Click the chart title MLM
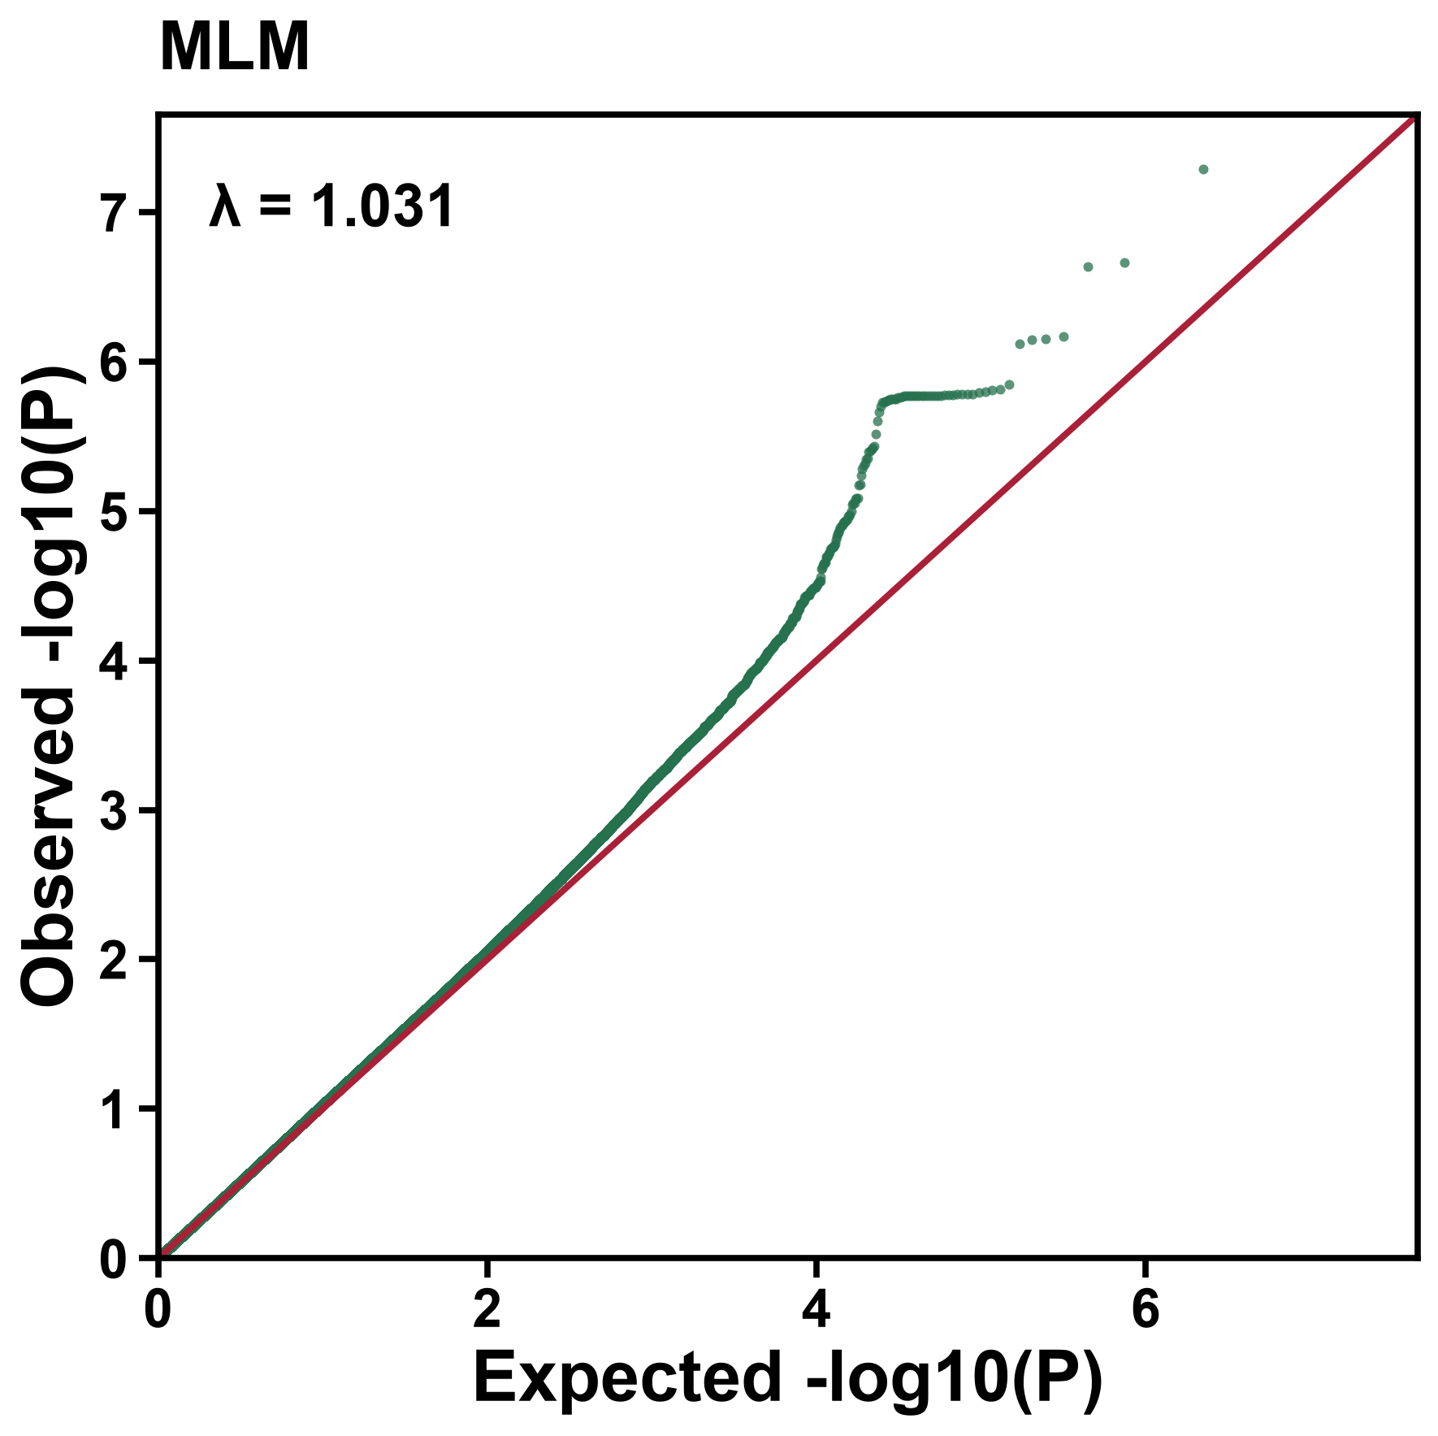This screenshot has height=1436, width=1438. [235, 48]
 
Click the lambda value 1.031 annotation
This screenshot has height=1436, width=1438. [383, 206]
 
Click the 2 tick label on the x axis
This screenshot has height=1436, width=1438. [487, 1311]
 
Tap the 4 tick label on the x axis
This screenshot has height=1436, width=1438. [816, 1311]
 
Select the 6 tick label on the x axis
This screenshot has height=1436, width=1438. [1144, 1311]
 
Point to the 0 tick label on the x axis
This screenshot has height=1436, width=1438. [158, 1311]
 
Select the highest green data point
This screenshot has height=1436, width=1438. [1203, 169]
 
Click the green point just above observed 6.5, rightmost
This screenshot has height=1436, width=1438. [1125, 262]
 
